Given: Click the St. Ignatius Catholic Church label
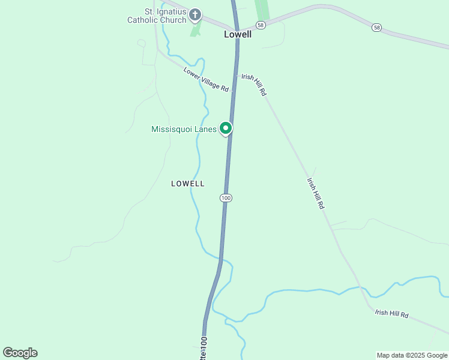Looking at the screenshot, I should pyautogui.click(x=157, y=15).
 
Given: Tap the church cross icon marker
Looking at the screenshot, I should pyautogui.click(x=194, y=14).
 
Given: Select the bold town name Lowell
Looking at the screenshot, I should pyautogui.click(x=238, y=34).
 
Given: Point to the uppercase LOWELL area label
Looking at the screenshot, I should pyautogui.click(x=188, y=184).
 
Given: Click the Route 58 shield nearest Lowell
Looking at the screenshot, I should pyautogui.click(x=260, y=25).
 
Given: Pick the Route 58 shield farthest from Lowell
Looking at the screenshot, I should pyautogui.click(x=376, y=28).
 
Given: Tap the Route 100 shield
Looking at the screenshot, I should pyautogui.click(x=226, y=197).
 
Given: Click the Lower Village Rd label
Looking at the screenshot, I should pyautogui.click(x=206, y=80).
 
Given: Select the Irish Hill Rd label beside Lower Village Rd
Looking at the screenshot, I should pyautogui.click(x=254, y=85).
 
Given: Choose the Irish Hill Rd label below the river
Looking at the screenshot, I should pyautogui.click(x=391, y=314).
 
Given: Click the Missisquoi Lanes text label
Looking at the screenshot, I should pyautogui.click(x=184, y=129).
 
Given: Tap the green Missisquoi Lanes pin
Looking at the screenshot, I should pyautogui.click(x=226, y=128).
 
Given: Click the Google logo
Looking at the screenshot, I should pyautogui.click(x=20, y=353).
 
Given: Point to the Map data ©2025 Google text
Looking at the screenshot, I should pyautogui.click(x=412, y=355).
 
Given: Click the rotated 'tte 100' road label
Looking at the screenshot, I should pyautogui.click(x=204, y=348).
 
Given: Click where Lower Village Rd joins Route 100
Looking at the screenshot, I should pyautogui.click(x=232, y=92).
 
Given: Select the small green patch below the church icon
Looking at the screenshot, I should pyautogui.click(x=195, y=30).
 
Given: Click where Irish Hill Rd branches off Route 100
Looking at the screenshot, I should pyautogui.click(x=235, y=71).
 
